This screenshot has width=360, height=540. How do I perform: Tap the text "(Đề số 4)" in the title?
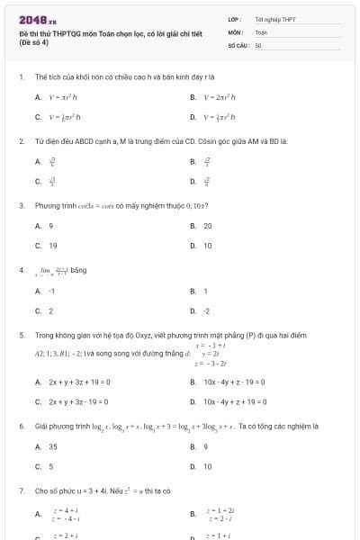pos(37,42)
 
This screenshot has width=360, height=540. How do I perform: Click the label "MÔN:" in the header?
pos(236,31)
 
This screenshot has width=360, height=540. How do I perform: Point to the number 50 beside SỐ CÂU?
pos(258,44)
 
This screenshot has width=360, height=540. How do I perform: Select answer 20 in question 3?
pos(207,226)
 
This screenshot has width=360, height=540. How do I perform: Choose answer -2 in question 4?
pos(206,310)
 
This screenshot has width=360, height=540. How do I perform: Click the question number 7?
pos(21,491)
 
